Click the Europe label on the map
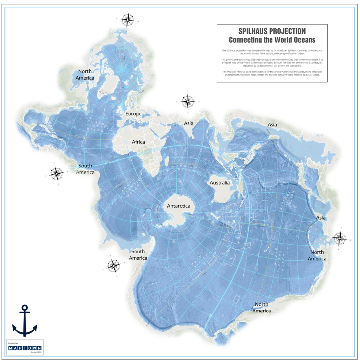134,113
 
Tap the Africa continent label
138,142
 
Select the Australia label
220,183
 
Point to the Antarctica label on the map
179,206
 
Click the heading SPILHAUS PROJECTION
272,32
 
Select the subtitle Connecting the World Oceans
272,40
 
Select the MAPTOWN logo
25,348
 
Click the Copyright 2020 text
36,352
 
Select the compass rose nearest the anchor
113,266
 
